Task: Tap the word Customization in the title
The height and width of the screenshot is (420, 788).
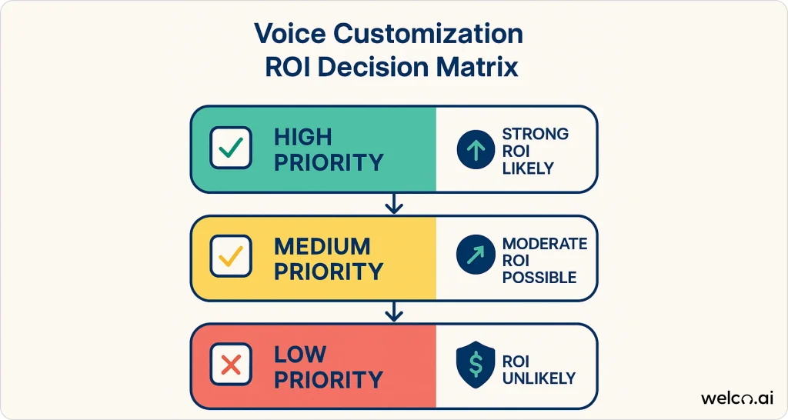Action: pos(428,34)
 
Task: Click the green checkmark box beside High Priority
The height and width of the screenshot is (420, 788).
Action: pos(231,148)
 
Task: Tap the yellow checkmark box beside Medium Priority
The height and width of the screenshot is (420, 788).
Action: pos(231,256)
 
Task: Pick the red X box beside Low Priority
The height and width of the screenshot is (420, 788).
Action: pos(231,365)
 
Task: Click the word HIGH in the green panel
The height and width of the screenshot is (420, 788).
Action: pos(303,137)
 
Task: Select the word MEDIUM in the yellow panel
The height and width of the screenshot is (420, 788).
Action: pos(322,247)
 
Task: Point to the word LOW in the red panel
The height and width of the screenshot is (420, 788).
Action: pos(300,355)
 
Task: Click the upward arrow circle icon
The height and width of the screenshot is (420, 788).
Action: pos(476,149)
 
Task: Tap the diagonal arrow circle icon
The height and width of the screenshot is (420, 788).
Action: pos(476,254)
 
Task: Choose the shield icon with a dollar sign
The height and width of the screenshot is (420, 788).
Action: pos(476,365)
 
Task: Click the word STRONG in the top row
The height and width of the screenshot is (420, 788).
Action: pos(536,134)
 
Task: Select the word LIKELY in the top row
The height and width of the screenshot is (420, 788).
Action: pos(528,168)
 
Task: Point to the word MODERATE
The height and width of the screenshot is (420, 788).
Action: pos(545,244)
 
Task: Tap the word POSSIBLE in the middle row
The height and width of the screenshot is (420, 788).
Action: pos(539,278)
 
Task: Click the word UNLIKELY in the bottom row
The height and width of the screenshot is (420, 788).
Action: pos(539,378)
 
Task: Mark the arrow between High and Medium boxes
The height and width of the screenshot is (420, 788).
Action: pos(394,204)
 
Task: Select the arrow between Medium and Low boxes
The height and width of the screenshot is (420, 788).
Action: pos(394,312)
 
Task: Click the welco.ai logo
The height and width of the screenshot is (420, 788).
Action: pos(737,398)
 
